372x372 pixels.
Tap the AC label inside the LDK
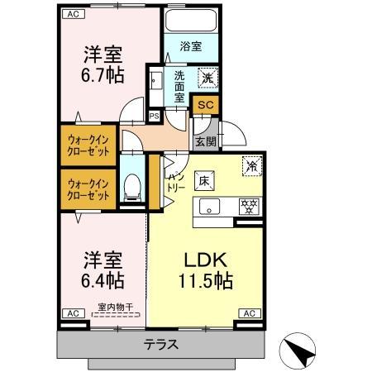click(x=249, y=313)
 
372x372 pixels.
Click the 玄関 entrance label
click(x=204, y=141)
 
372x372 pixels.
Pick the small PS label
click(x=154, y=117)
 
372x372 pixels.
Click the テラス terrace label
click(x=163, y=344)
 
